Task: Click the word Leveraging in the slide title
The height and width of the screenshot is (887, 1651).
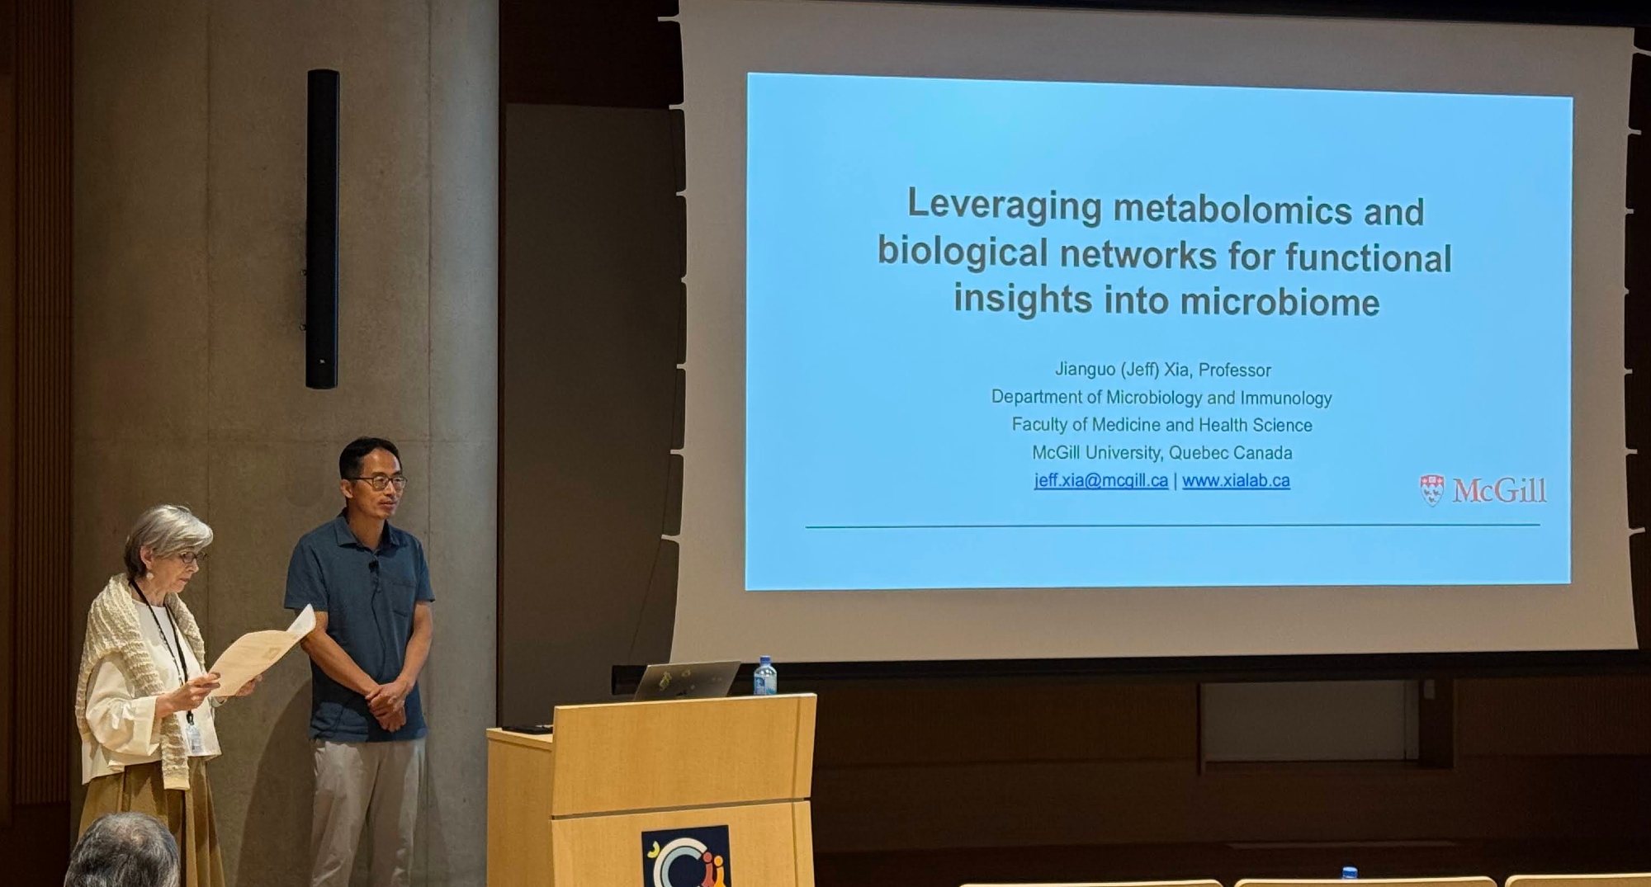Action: click(x=1004, y=205)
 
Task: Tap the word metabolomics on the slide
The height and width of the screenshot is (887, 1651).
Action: click(x=1232, y=210)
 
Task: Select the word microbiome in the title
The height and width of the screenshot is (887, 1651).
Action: click(x=1280, y=302)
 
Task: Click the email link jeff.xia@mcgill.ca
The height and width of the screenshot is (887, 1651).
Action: click(x=1101, y=480)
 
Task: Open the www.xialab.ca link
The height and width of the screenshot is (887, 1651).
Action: click(x=1236, y=480)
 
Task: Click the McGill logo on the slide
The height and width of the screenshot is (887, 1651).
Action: click(x=1483, y=490)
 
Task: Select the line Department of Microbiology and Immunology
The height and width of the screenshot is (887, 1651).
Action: click(x=1161, y=397)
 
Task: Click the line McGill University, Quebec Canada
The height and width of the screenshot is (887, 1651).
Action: click(x=1162, y=452)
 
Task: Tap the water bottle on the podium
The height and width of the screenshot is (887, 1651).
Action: click(x=764, y=676)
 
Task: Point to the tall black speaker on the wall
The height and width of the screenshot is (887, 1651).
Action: click(x=322, y=229)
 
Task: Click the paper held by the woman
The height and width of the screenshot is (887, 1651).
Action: click(x=260, y=652)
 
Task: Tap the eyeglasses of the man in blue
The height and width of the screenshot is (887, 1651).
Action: click(x=381, y=482)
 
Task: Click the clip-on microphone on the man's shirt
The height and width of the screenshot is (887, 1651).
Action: click(x=374, y=569)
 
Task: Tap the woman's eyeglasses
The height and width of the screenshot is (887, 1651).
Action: click(x=192, y=558)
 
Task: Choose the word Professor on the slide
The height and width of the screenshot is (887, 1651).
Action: click(x=1235, y=370)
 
